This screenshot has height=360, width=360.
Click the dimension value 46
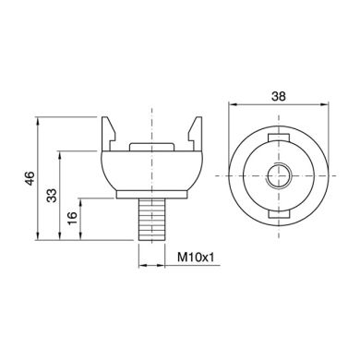(30, 178)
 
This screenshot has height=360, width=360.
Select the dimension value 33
(52, 196)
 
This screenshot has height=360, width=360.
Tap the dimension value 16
(73, 218)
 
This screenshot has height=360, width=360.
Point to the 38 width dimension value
(279, 96)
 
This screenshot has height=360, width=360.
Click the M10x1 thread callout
(196, 258)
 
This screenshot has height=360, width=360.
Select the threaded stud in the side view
(152, 220)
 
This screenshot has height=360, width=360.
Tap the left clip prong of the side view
(109, 134)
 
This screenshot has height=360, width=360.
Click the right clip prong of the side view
(195, 134)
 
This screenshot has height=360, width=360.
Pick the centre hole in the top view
(279, 175)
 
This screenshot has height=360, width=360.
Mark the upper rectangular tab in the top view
(279, 138)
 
